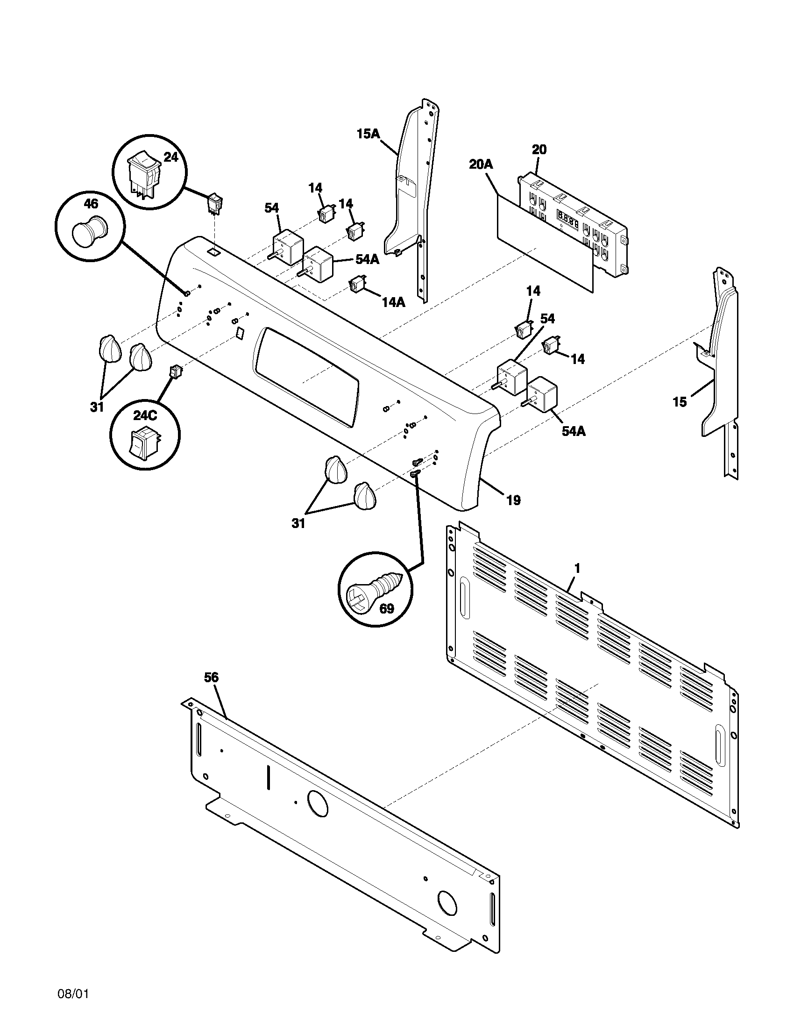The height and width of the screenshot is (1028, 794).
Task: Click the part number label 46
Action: pos(91,204)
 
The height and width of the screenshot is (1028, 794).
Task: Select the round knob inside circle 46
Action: pos(88,232)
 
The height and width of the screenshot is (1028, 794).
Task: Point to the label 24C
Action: pos(145,415)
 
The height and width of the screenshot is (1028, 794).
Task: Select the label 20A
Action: pos(481,164)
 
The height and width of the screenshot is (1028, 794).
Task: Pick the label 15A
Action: pos(368,134)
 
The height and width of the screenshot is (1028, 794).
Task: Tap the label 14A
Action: pos(393,302)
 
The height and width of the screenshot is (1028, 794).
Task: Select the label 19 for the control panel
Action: pos(514,500)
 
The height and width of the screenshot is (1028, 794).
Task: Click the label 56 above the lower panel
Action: pos(211,678)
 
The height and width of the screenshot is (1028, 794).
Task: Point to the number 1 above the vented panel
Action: pos(577,569)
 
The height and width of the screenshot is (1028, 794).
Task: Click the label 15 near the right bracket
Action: pos(680,402)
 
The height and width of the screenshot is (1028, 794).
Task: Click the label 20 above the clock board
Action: pos(539,150)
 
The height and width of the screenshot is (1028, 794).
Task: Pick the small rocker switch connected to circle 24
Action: pos(215,203)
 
